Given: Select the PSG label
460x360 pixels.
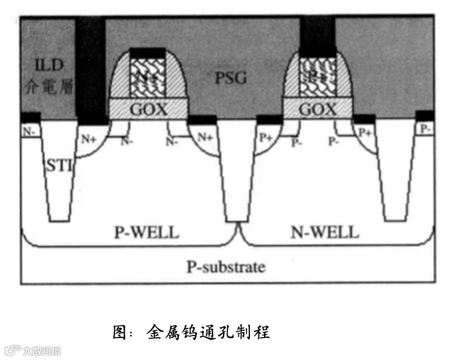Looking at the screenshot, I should pos(231,78).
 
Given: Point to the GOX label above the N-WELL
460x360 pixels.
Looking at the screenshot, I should pos(317,109).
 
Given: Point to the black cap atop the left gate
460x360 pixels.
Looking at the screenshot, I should pos(147,53).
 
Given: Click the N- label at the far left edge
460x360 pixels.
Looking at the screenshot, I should pos(29,130).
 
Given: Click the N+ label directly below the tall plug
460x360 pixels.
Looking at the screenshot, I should pos(89,136).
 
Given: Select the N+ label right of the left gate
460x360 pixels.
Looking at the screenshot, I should pos(204,136).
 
